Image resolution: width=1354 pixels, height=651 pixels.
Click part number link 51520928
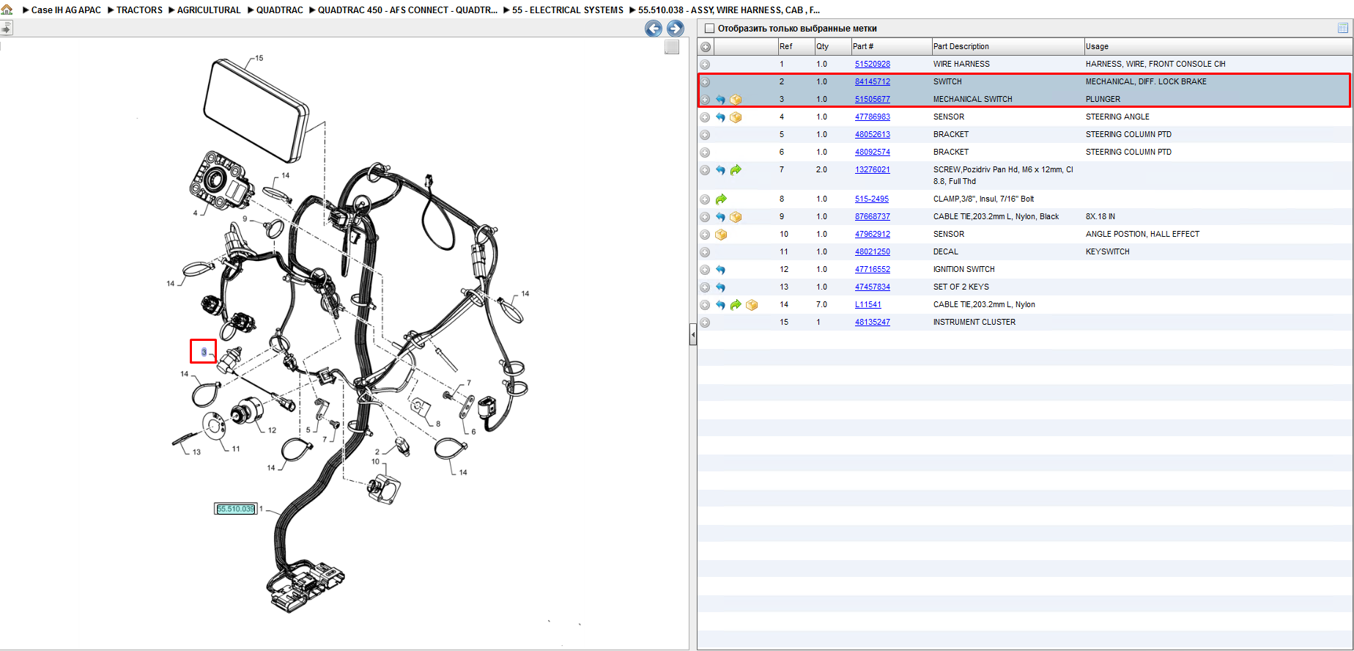[x=872, y=64]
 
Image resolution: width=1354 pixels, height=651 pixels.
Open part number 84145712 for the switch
[x=872, y=81]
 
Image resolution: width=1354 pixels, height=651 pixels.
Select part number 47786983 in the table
[x=872, y=117]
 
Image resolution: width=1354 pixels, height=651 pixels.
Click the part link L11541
[x=867, y=304]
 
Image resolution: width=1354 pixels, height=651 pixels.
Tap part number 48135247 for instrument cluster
[x=872, y=322]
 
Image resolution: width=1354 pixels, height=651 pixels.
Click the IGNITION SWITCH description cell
[x=963, y=269]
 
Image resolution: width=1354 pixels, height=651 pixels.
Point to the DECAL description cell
[x=945, y=251]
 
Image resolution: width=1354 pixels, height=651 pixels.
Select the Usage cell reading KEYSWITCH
[x=1107, y=251]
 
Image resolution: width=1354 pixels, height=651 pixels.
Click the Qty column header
[x=823, y=46]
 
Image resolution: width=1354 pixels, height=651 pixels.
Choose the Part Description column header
[x=961, y=46]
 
